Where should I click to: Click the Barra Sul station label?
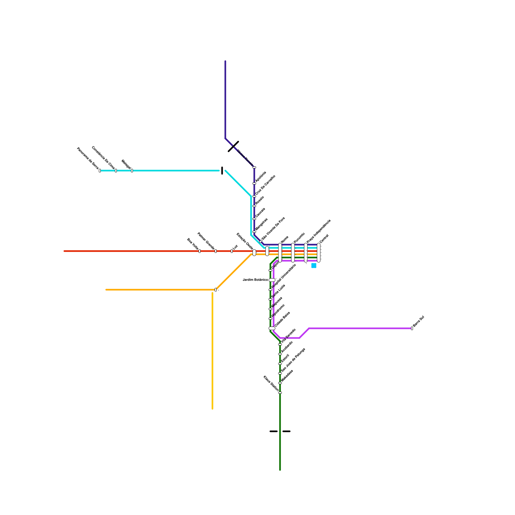pos(418,322)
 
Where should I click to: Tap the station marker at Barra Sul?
pos(412,328)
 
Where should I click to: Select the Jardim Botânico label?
pos(255,280)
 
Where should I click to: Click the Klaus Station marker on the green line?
pos(280,393)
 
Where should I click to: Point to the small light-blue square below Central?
pos(314,266)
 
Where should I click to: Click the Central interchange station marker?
pos(319,253)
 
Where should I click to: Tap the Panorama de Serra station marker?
pos(100,171)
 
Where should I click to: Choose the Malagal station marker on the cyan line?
pos(132,171)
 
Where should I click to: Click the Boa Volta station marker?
pos(200,251)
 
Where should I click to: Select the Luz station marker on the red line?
pos(232,251)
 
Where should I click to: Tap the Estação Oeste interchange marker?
pos(254,253)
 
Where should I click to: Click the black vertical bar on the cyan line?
pos(222,171)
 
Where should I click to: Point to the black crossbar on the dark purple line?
pos(233,146)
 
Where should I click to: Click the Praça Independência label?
pos(319,231)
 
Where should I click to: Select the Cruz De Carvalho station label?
pos(265,185)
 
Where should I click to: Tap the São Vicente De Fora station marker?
pos(261,241)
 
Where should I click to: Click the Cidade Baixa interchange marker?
pos(272,328)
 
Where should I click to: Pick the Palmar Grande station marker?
pos(216,251)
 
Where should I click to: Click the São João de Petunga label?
pos(293,360)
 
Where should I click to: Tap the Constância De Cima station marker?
pos(116,171)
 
